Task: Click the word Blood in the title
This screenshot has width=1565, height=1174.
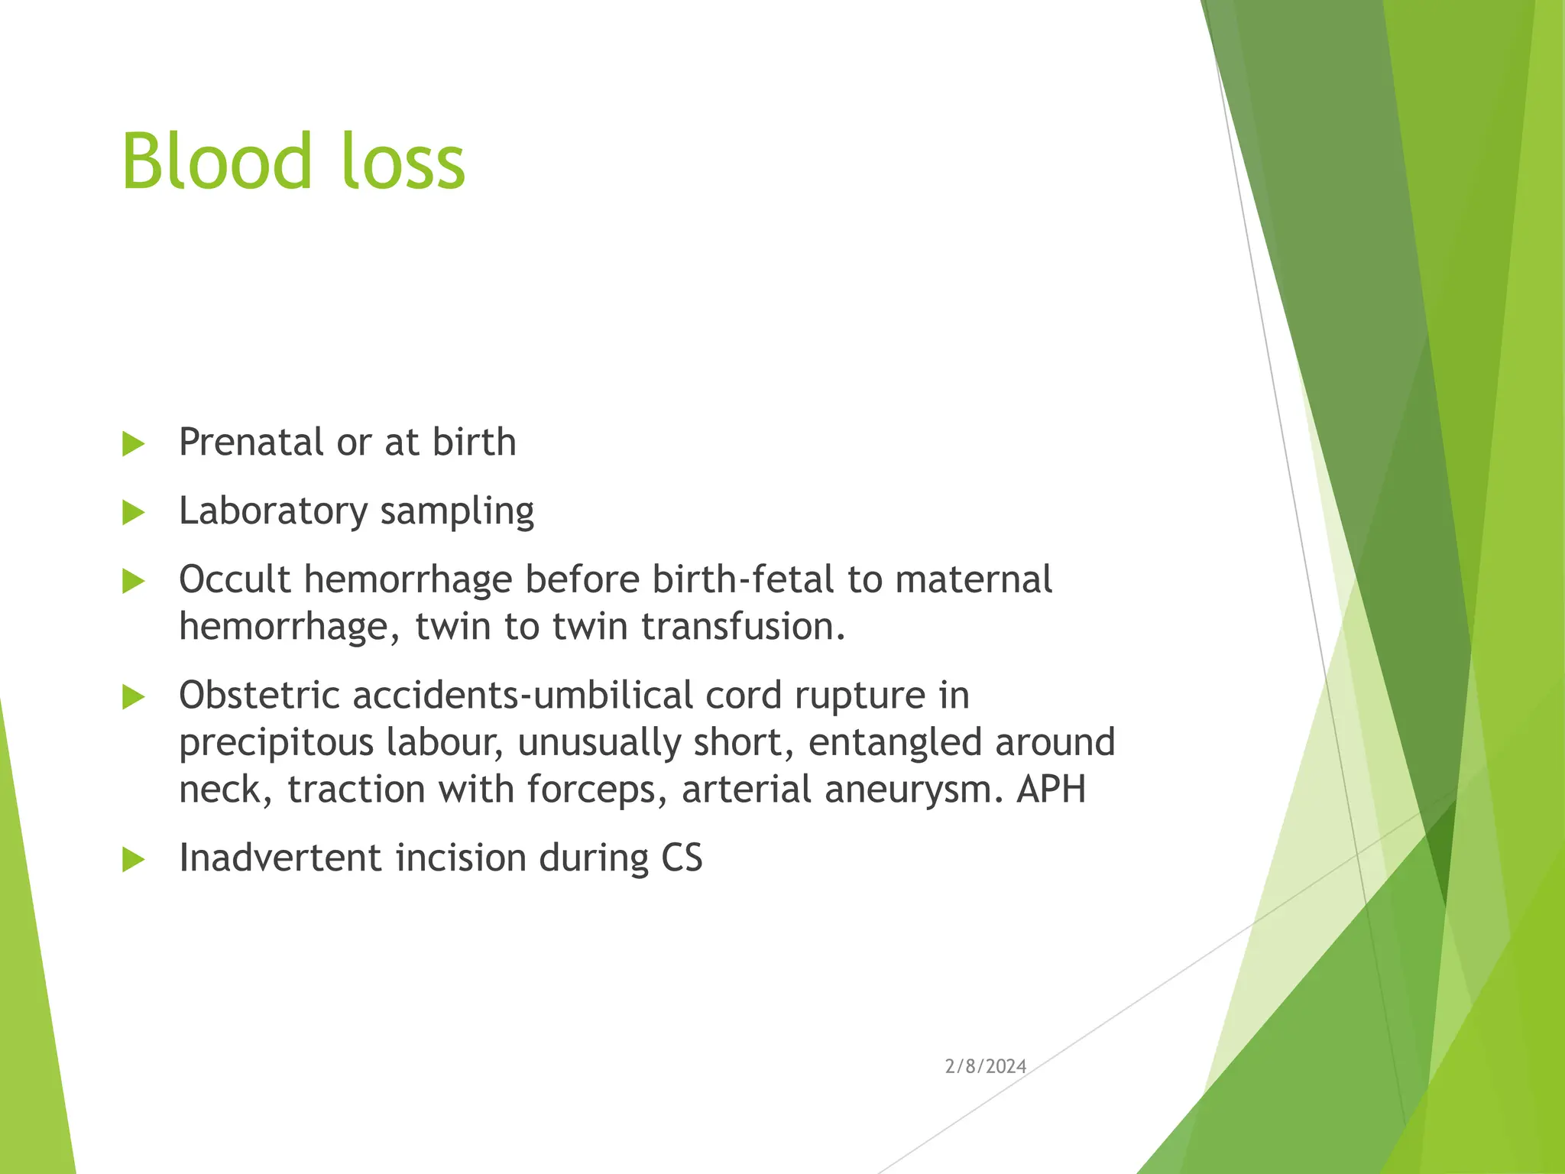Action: pyautogui.click(x=217, y=162)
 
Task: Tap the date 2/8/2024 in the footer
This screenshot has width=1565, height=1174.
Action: pyautogui.click(x=985, y=1066)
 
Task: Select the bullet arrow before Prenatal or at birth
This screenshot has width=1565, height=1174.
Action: pyautogui.click(x=133, y=443)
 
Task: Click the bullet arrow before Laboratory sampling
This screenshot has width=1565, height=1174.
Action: pyautogui.click(x=133, y=512)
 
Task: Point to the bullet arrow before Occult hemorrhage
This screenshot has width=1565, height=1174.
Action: pyautogui.click(x=133, y=581)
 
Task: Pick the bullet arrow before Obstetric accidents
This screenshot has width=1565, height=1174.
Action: pyautogui.click(x=133, y=696)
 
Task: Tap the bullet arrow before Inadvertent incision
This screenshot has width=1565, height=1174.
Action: pyautogui.click(x=133, y=859)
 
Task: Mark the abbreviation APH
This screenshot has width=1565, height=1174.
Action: pyautogui.click(x=1051, y=789)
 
